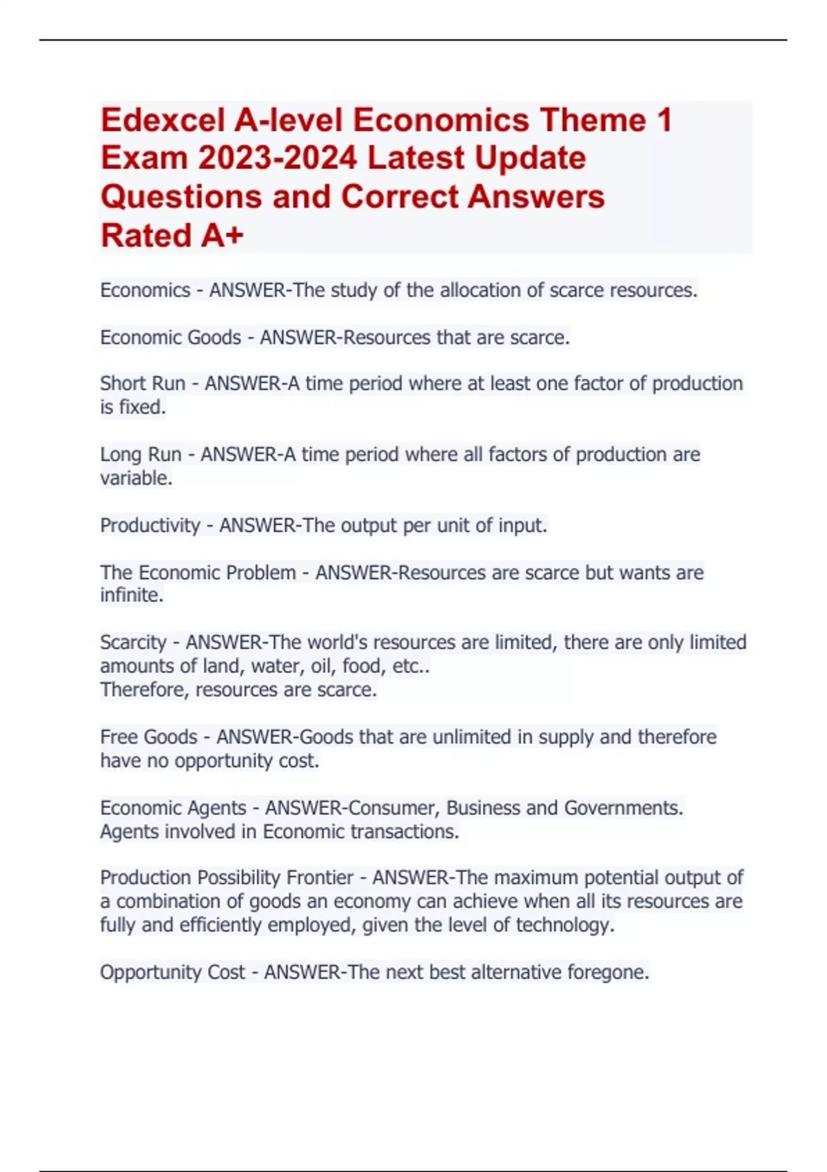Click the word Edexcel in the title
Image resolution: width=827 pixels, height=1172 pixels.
[x=163, y=121]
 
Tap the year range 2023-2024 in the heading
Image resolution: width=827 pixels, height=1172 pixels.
[x=277, y=159]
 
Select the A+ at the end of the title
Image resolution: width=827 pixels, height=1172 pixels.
[x=222, y=236]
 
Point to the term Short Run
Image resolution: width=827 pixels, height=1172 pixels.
[x=143, y=383]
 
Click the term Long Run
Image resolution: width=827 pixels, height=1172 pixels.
[x=141, y=454]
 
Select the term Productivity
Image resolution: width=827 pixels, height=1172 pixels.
[x=150, y=525]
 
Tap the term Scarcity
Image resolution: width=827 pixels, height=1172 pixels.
[x=133, y=643]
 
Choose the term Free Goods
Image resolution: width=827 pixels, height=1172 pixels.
[x=149, y=737]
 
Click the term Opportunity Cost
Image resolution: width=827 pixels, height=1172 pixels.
[x=172, y=972]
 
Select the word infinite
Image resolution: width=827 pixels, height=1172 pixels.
[x=131, y=595]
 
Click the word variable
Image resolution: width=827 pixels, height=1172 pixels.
[x=135, y=478]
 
